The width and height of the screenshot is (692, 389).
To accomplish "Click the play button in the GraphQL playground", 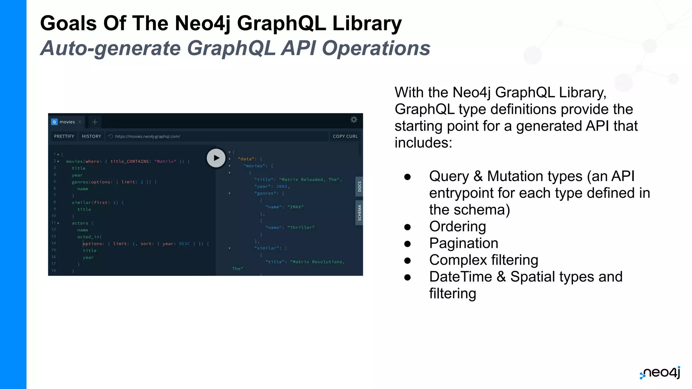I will tap(216, 158).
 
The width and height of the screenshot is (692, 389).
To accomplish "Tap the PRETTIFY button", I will tap(64, 136).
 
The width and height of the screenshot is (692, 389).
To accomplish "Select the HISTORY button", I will tap(91, 136).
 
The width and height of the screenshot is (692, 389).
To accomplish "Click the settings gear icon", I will tap(354, 120).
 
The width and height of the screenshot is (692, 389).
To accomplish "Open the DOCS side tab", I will tap(359, 186).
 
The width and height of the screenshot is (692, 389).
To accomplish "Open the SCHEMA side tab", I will tap(359, 213).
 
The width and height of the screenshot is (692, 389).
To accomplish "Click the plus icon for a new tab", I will tap(95, 122).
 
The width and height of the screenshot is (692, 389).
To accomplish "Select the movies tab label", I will tap(67, 122).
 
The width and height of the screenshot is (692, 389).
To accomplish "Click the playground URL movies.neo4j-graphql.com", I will tap(147, 136).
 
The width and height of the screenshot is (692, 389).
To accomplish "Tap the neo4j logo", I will tap(660, 373).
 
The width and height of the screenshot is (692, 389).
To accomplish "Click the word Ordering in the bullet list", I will tap(458, 227).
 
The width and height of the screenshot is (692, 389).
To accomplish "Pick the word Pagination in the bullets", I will tap(464, 243).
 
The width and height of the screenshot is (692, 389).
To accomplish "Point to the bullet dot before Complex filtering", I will tap(407, 260).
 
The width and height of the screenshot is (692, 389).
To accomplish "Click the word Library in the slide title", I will tap(367, 23).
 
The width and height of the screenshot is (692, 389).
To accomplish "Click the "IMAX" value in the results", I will tap(295, 207).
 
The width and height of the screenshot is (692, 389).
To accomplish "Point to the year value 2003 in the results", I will tap(282, 186).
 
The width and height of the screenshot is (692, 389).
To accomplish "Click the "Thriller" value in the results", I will tap(301, 228).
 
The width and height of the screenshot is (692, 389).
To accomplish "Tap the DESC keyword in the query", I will tap(184, 244).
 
